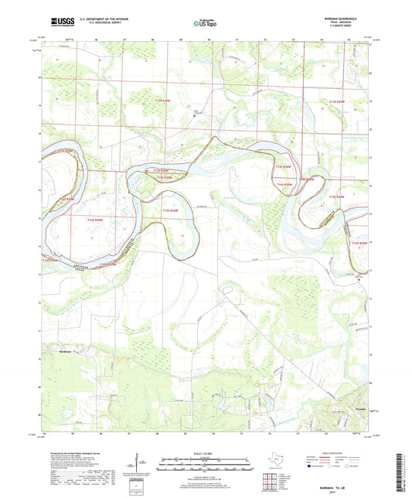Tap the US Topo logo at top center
click(203, 23)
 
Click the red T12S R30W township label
click(161, 101)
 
